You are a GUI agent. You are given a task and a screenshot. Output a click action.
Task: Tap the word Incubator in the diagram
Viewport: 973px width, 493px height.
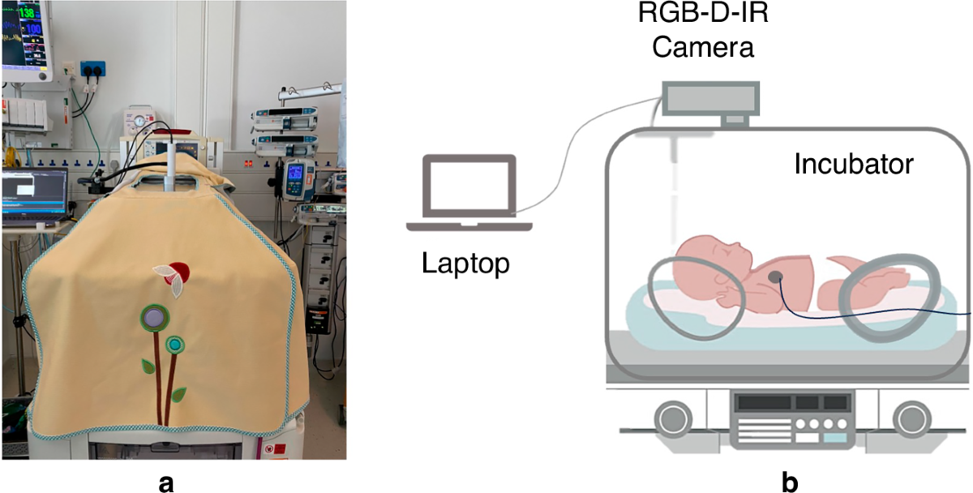[x=854, y=164]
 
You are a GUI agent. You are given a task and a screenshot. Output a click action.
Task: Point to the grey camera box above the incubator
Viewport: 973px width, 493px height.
[x=711, y=98]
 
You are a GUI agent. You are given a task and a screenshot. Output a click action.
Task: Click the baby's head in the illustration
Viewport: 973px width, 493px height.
[x=707, y=258]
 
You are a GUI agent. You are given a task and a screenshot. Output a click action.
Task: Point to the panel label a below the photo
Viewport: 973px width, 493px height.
[x=167, y=482]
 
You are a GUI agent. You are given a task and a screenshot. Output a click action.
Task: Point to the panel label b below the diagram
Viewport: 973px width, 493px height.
[x=790, y=482]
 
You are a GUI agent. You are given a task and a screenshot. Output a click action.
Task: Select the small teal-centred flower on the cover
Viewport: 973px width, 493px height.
[x=174, y=345]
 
